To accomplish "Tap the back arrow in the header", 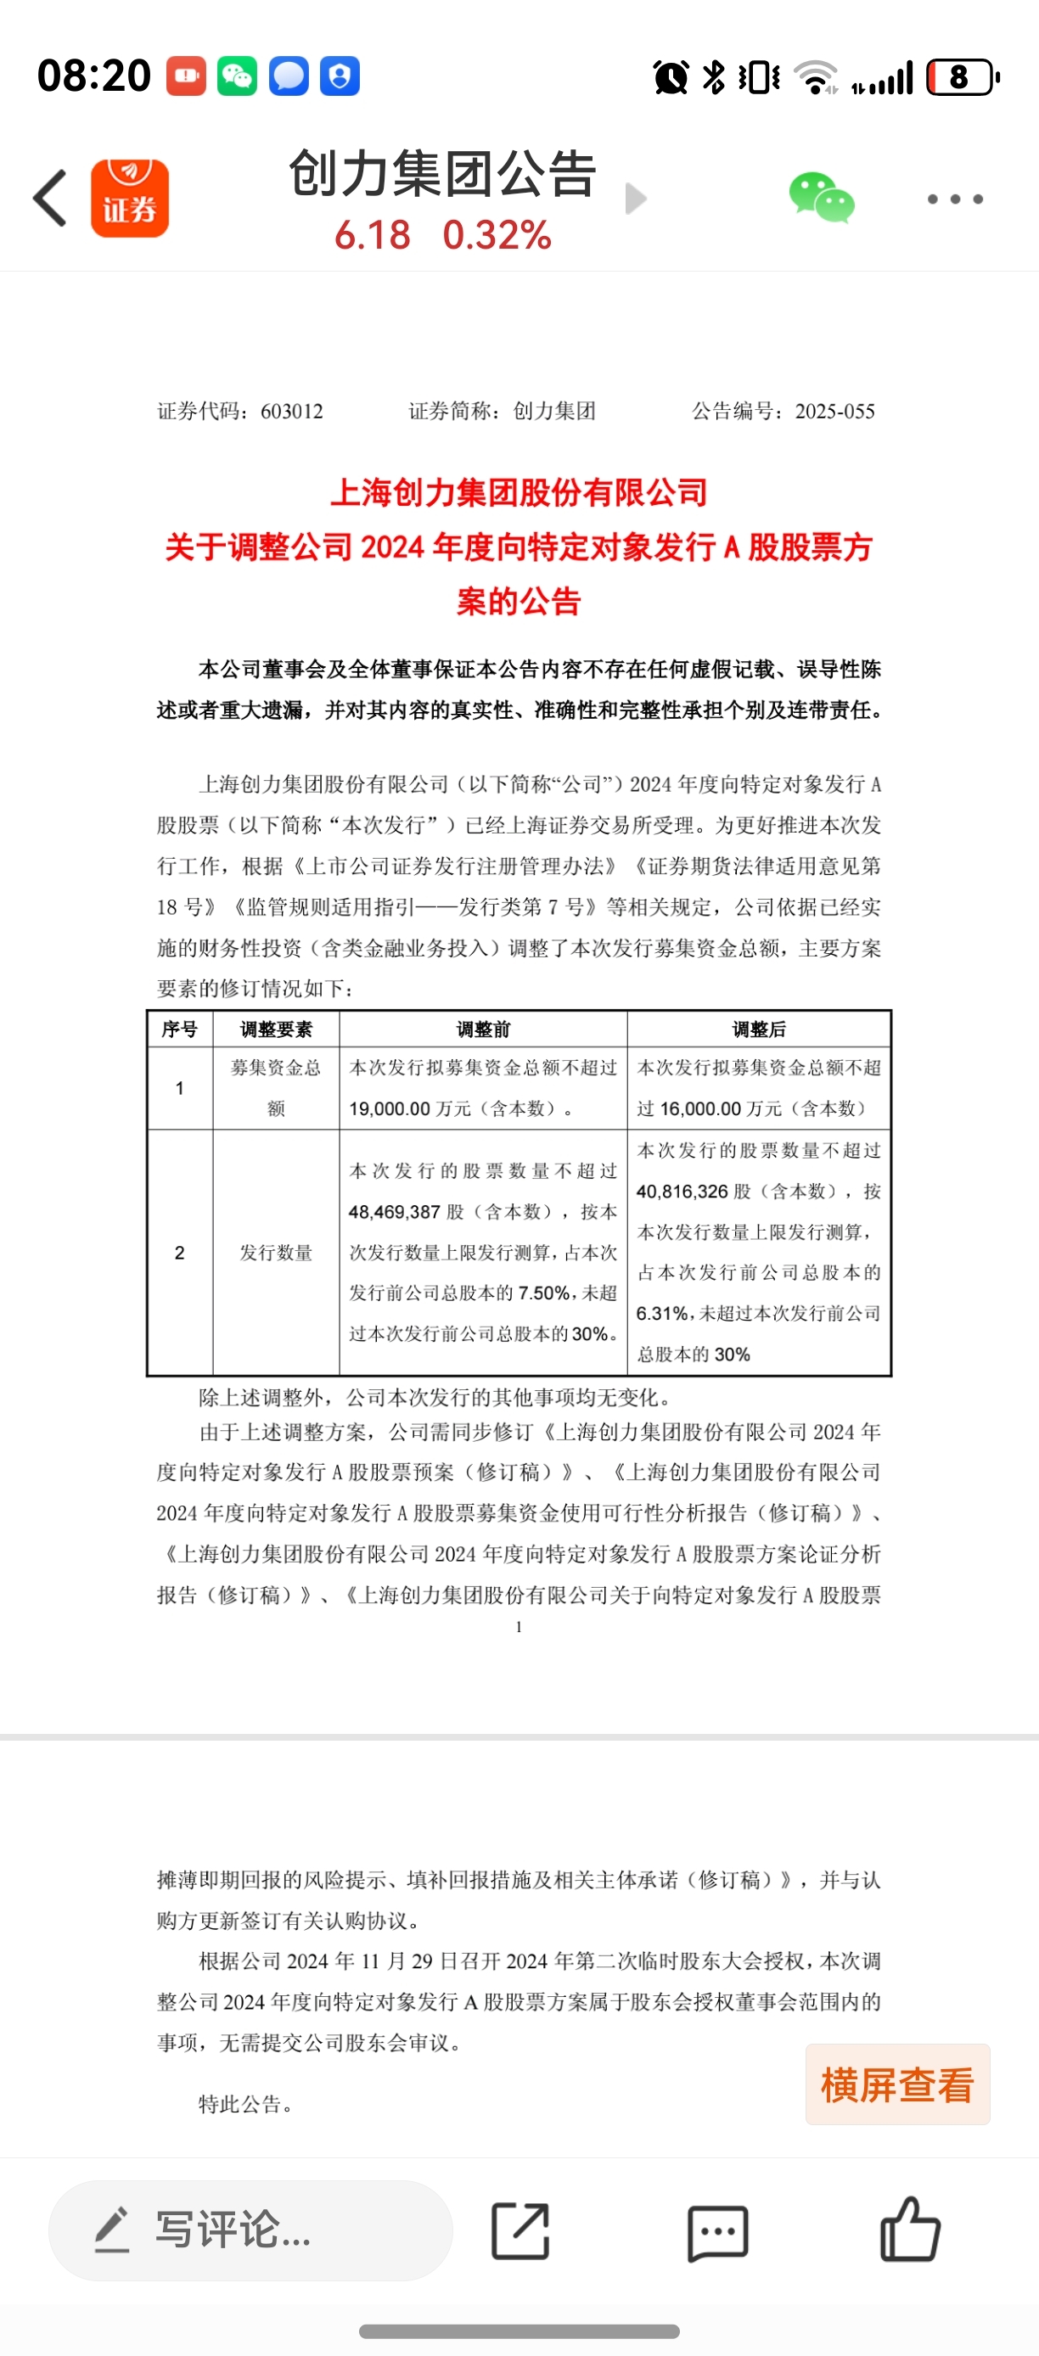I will tap(50, 198).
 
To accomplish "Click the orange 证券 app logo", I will tap(130, 199).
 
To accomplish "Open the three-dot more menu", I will tap(955, 199).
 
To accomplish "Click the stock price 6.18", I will tap(373, 235).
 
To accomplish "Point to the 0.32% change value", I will tap(497, 235).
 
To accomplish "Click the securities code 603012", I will tap(292, 412).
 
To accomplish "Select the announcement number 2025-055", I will tap(834, 412).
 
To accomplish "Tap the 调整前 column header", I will tap(483, 1029).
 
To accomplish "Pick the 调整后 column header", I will tap(759, 1029).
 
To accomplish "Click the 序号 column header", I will tap(179, 1029).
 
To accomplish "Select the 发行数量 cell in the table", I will tap(276, 1253).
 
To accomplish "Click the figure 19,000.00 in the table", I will tap(390, 1109).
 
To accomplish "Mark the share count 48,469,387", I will tap(394, 1213).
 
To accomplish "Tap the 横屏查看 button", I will tap(897, 2085).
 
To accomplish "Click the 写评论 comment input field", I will tap(250, 2230).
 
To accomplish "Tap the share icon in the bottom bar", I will tap(520, 2230).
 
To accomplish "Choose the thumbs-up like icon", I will tap(909, 2230).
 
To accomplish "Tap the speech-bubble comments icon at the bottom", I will tap(717, 2231).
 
